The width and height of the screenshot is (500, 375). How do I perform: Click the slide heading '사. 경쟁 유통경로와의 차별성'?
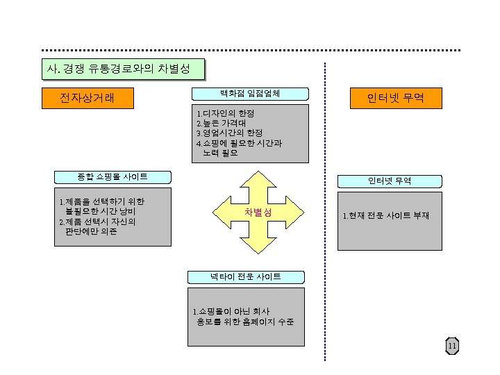(122, 69)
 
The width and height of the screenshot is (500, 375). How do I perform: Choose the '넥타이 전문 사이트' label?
(246, 276)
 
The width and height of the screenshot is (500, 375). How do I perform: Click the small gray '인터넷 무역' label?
(390, 181)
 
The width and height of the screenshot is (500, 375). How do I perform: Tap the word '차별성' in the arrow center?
(257, 212)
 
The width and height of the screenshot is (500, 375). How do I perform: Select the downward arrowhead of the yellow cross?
(258, 248)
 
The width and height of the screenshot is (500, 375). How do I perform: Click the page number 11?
(452, 347)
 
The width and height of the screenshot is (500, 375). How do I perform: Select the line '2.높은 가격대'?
(220, 123)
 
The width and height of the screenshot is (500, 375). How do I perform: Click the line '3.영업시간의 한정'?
(229, 133)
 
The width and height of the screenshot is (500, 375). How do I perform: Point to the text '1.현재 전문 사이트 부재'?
(386, 216)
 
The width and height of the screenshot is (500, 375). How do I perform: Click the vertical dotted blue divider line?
(325, 208)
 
